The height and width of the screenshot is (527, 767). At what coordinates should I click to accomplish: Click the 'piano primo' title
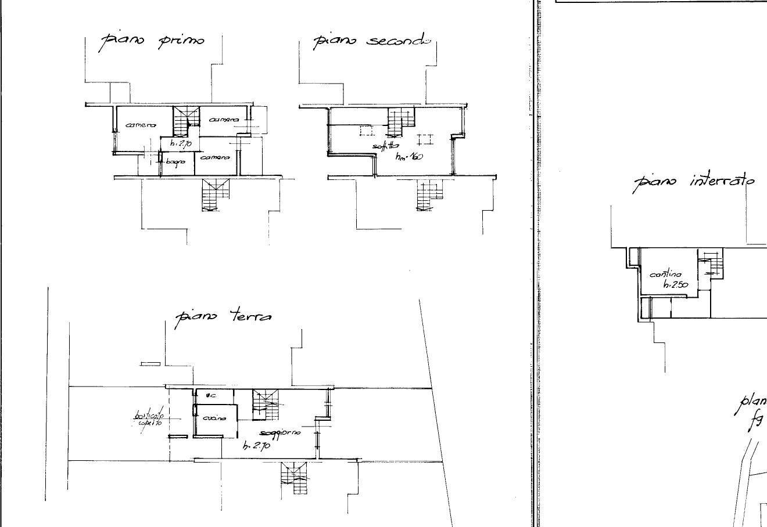(x=153, y=41)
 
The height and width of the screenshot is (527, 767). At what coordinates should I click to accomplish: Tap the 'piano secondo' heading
(x=372, y=41)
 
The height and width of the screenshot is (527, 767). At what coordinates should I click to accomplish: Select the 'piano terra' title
(x=224, y=317)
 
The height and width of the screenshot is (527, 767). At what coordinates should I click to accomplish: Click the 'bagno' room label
(x=175, y=161)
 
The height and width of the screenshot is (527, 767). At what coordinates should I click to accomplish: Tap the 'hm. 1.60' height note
(x=409, y=157)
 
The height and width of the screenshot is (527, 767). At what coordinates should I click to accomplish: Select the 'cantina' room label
(x=666, y=274)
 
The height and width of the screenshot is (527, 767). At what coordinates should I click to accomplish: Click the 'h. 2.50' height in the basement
(x=676, y=284)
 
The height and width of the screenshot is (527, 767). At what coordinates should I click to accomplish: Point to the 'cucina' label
(x=212, y=418)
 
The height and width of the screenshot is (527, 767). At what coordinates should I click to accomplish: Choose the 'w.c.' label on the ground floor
(x=211, y=396)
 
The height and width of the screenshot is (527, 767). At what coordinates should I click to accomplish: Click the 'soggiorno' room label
(x=280, y=433)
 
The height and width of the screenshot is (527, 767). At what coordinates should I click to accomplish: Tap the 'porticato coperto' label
(x=149, y=419)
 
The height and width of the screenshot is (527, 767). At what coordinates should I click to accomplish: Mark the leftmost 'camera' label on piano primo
(x=141, y=125)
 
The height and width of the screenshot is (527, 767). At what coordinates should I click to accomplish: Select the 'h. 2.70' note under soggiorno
(x=256, y=446)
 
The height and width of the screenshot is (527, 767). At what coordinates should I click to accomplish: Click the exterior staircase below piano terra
(x=295, y=477)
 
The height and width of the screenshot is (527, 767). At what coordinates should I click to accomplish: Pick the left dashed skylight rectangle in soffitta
(x=367, y=131)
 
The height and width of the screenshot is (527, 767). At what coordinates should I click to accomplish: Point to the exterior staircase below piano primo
(x=215, y=195)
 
